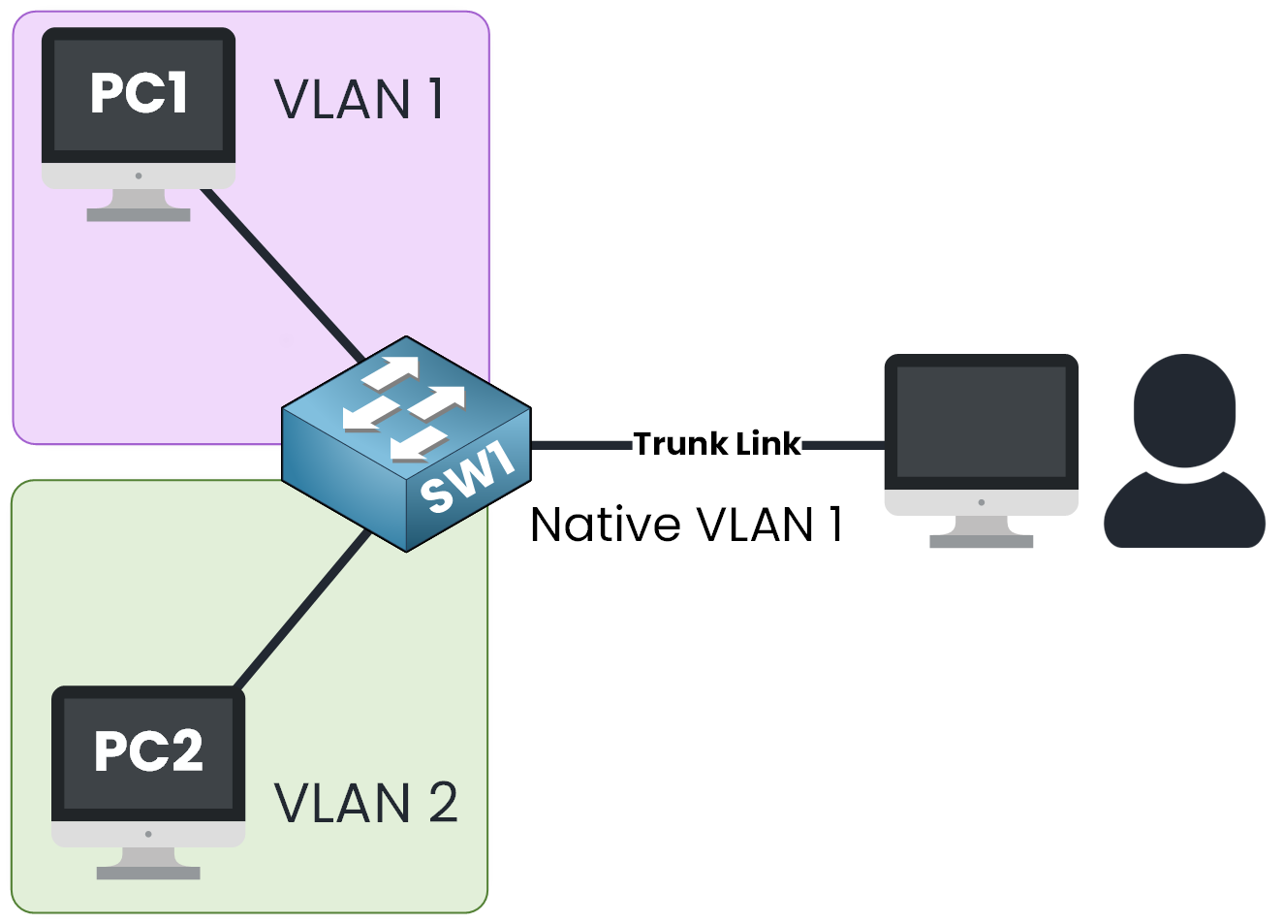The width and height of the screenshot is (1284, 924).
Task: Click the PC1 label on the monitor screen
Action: click(139, 93)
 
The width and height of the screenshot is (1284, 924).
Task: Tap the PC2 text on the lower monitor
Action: click(148, 750)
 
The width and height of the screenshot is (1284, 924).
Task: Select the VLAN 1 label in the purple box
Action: click(359, 99)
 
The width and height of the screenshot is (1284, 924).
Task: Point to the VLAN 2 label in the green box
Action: click(365, 803)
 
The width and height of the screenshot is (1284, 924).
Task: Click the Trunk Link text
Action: click(717, 444)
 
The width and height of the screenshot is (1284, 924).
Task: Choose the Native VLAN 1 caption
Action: click(686, 525)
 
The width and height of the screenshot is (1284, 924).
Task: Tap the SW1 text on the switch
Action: click(468, 476)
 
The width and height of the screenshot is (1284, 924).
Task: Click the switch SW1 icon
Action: click(406, 444)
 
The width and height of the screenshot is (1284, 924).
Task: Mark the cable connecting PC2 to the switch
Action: click(302, 611)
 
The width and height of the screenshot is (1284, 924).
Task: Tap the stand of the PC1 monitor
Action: click(139, 205)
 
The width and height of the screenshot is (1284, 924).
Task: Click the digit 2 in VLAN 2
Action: click(442, 803)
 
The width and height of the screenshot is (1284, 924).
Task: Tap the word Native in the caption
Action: click(606, 525)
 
